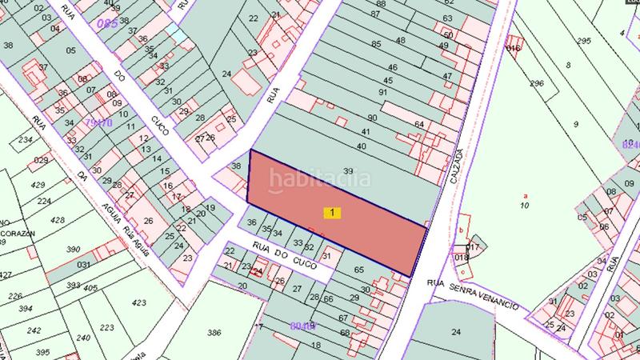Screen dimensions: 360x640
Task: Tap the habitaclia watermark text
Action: [318, 179]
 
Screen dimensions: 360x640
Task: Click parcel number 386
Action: [214, 331]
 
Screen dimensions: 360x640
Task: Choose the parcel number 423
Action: [138, 303]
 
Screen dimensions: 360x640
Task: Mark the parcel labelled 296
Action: [537, 83]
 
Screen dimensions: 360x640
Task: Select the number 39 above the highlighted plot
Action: [348, 171]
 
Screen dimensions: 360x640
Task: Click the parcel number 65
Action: [358, 270]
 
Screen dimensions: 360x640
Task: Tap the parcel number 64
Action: [419, 124]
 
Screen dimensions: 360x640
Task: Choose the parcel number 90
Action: [372, 118]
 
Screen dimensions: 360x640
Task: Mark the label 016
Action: [513, 48]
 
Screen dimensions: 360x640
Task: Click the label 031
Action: [82, 264]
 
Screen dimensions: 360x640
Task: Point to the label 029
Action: [40, 161]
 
